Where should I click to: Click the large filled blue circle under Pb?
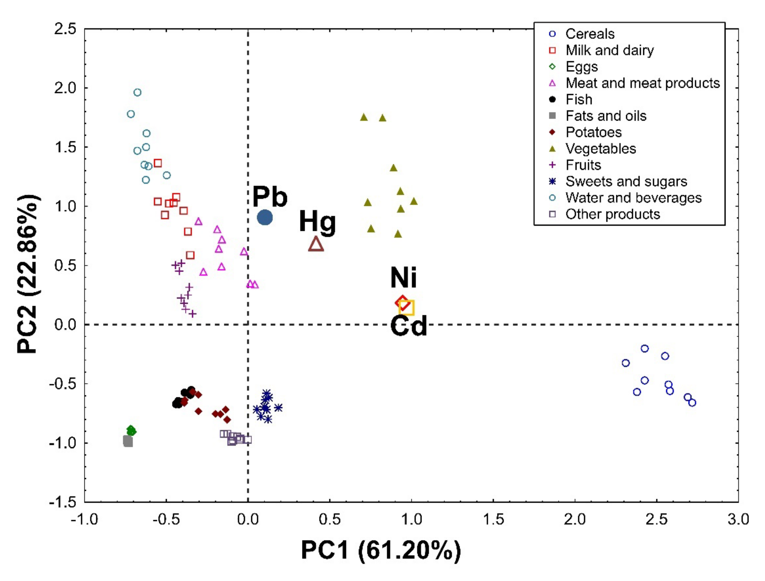265,218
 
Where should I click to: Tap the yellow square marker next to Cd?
406,307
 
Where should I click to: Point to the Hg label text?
317,222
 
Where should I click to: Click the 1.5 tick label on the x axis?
493,519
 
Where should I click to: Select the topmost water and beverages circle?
137,92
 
